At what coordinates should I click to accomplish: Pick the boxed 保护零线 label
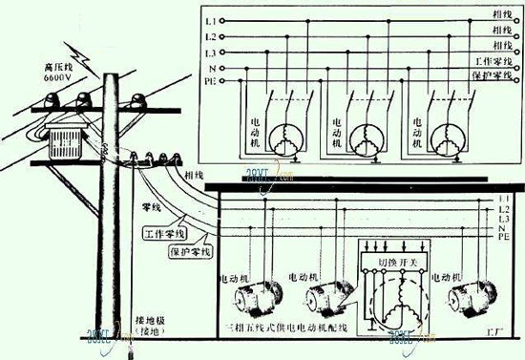click(x=190, y=252)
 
